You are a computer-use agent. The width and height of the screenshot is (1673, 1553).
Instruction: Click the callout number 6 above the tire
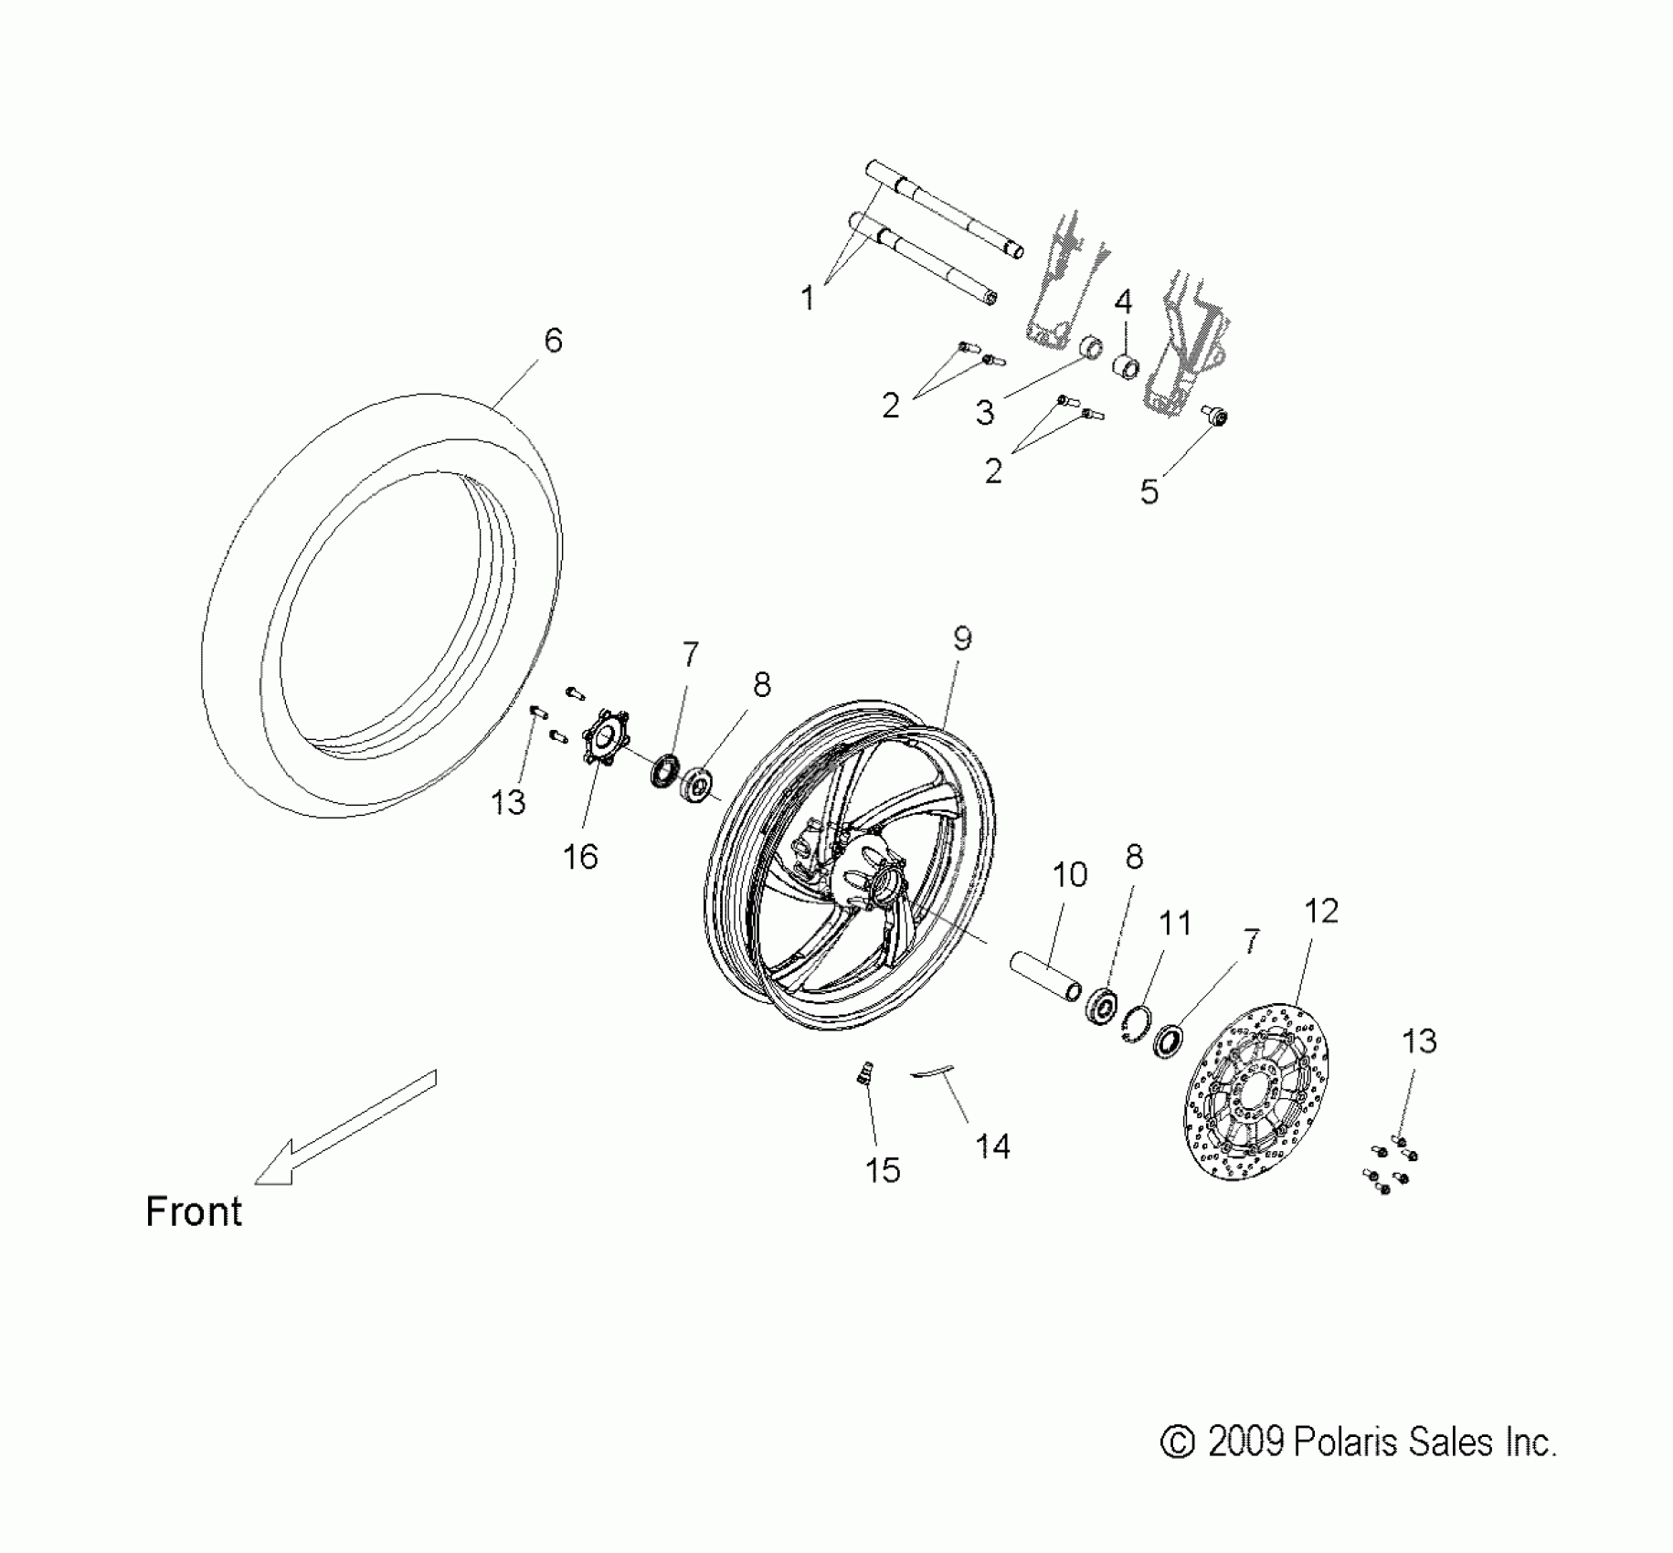(x=553, y=341)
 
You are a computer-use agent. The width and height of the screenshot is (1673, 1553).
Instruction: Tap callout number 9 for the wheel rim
(x=962, y=639)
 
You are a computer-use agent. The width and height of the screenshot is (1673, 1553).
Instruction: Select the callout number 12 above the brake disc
(x=1320, y=911)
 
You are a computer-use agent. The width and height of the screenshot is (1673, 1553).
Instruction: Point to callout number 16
(x=580, y=857)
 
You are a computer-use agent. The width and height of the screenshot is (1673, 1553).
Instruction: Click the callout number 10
(x=1070, y=875)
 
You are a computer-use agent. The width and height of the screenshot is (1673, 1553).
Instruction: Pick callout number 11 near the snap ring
(x=1174, y=924)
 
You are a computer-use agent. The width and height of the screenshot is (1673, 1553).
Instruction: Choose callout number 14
(x=993, y=1146)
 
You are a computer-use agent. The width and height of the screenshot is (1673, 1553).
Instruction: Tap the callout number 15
(x=883, y=1170)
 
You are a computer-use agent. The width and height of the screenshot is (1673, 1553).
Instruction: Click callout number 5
(x=1149, y=491)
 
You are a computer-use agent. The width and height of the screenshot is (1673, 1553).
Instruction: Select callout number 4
(x=1123, y=301)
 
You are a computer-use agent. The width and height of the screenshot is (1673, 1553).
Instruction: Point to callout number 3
(x=984, y=413)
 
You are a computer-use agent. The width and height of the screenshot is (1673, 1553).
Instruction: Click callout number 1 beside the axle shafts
(x=807, y=298)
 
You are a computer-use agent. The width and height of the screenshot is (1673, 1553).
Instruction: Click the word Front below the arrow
(x=194, y=1212)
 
